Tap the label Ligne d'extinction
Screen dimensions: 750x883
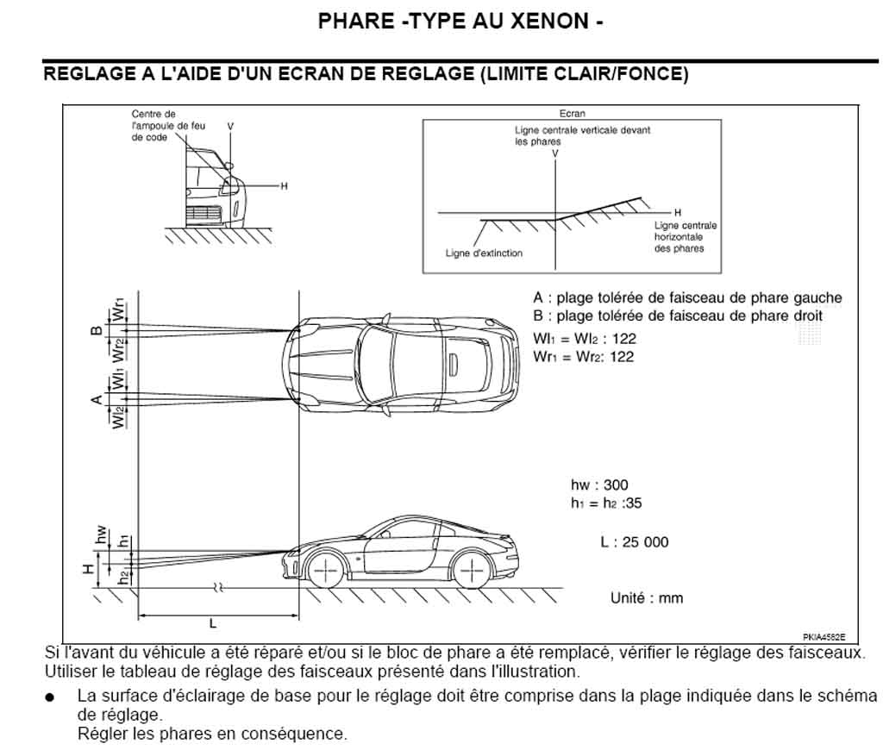(x=484, y=253)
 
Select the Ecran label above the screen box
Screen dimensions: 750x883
(x=572, y=114)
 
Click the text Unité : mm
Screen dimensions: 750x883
(x=647, y=597)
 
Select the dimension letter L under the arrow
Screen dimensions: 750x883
(x=213, y=623)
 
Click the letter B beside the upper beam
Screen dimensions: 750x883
(x=97, y=329)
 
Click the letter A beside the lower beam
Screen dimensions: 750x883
(x=97, y=399)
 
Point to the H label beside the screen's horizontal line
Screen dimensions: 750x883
(x=678, y=212)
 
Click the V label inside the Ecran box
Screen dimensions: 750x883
(x=555, y=153)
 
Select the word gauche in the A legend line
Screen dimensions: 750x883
(x=817, y=298)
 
